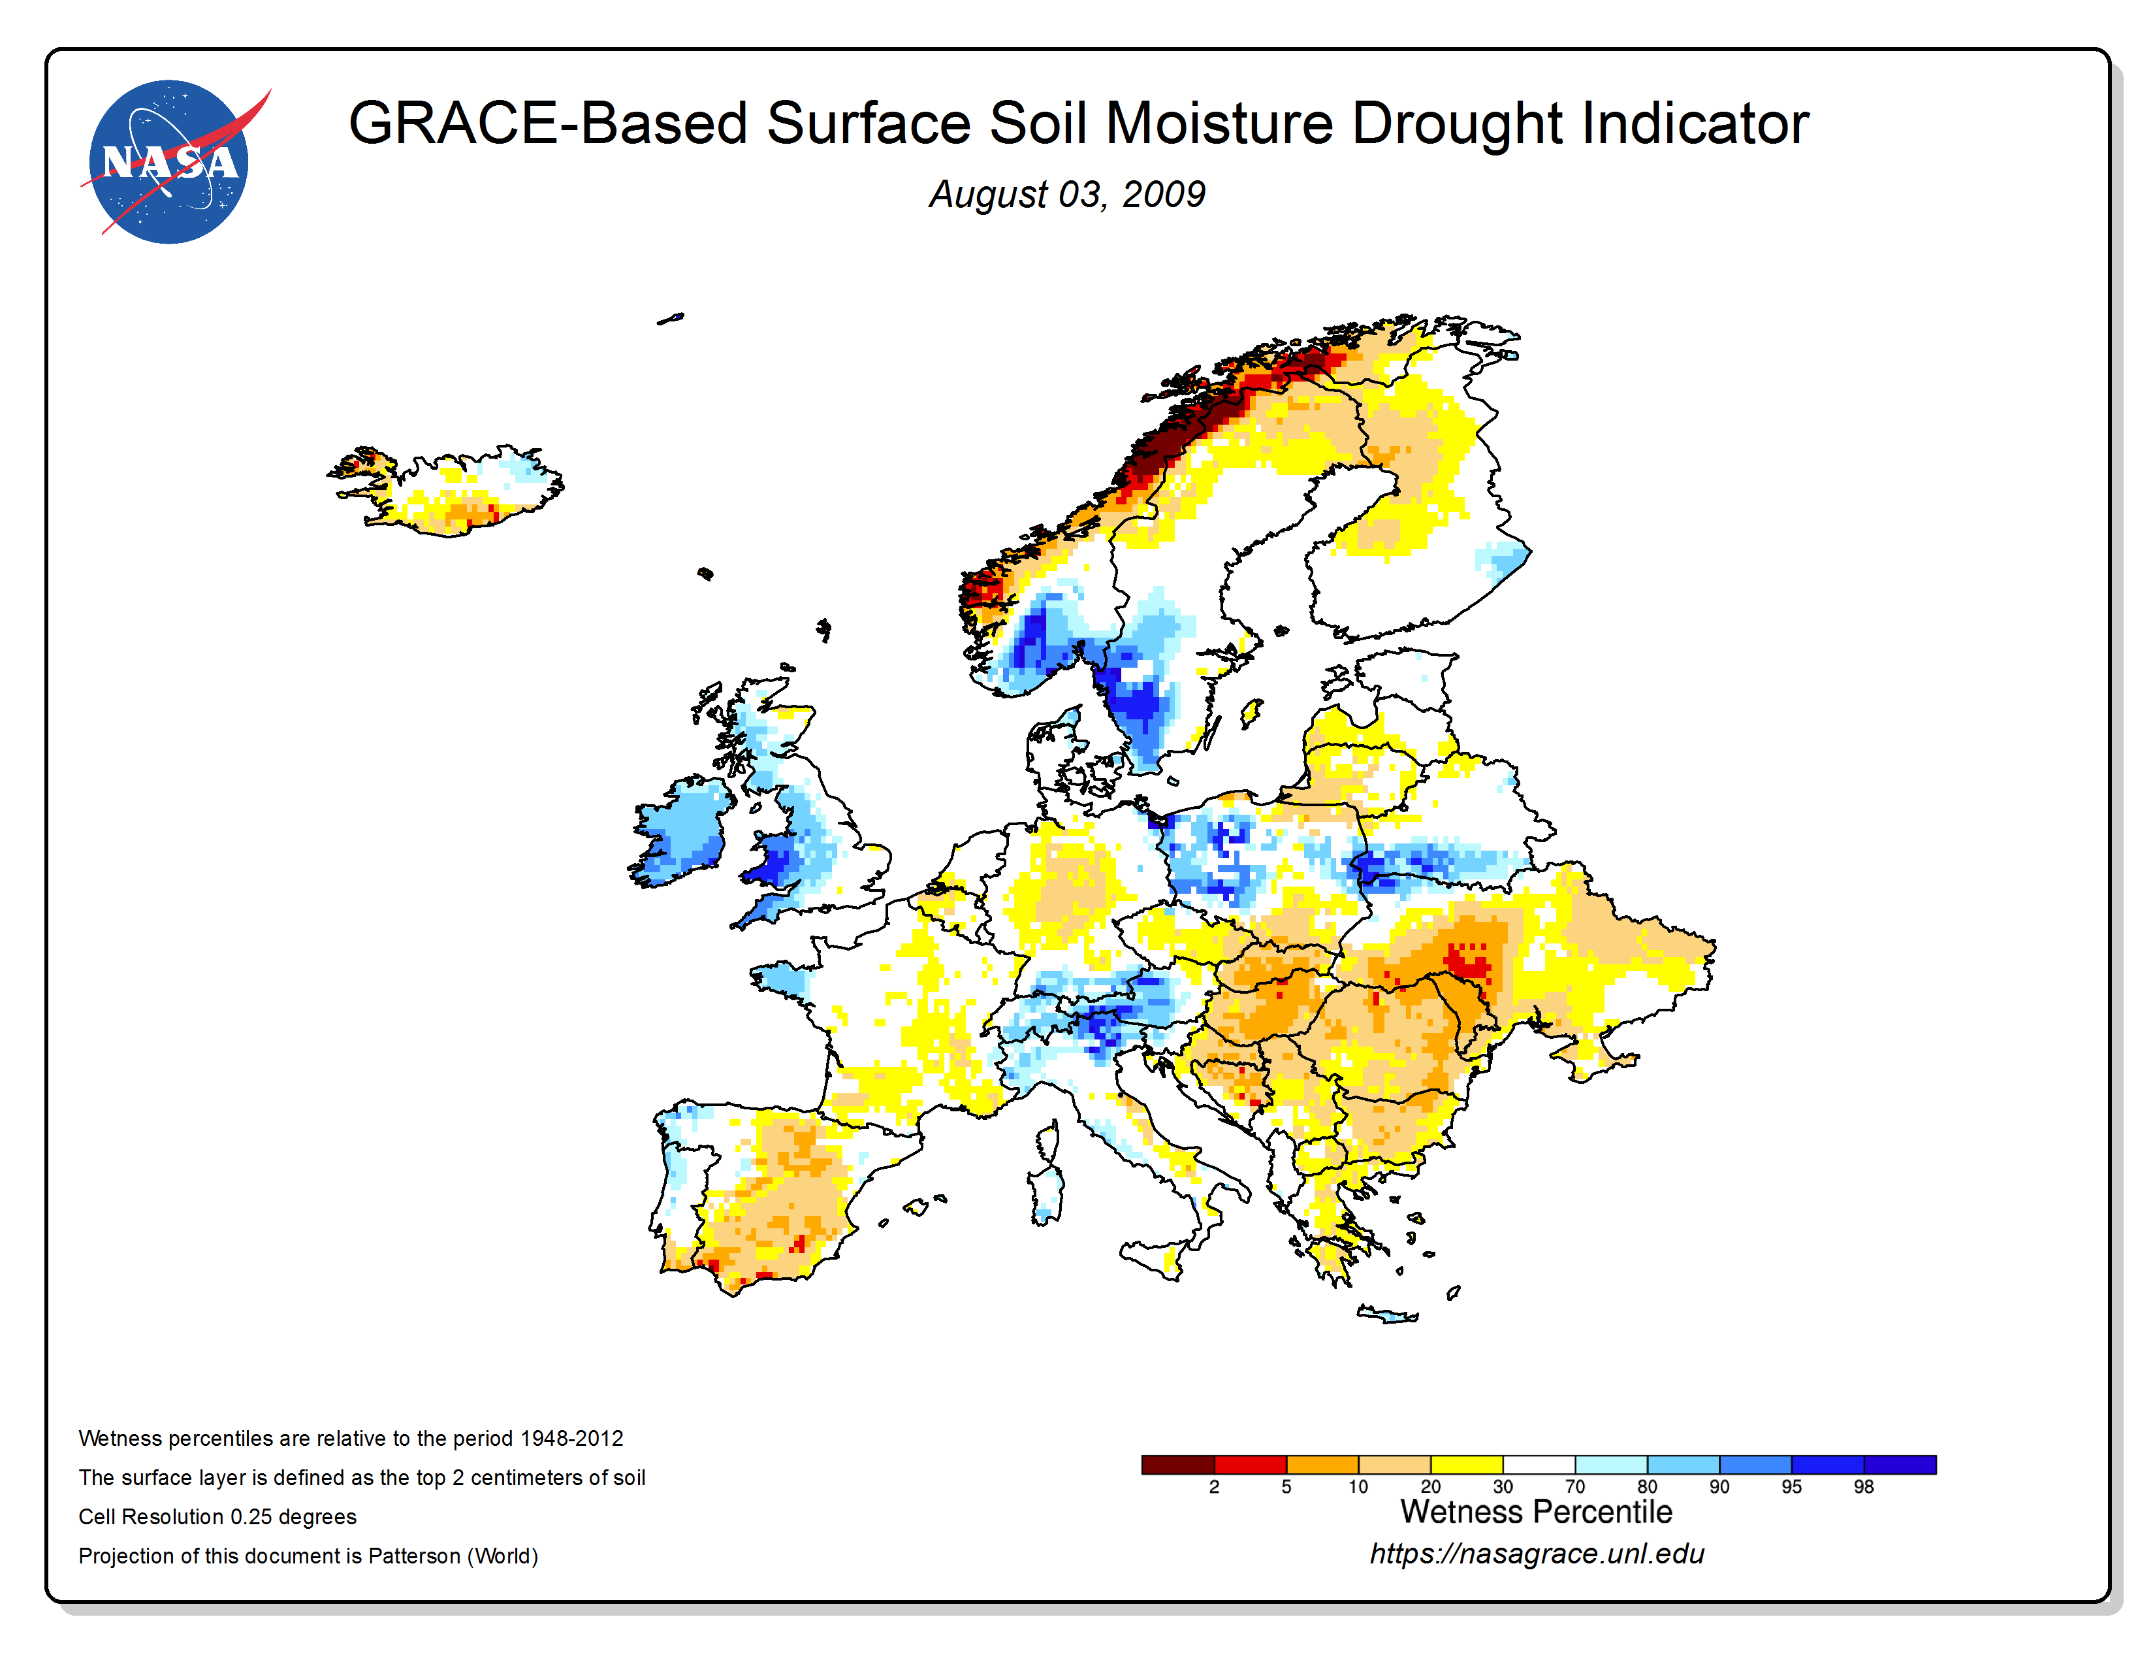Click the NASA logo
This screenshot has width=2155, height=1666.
pos(170,162)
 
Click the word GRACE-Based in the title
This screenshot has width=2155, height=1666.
pos(548,123)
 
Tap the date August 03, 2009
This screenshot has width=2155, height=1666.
pos(1066,195)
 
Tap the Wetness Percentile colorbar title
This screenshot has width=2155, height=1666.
pos(1537,1511)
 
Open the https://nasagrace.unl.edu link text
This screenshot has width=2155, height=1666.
pos(1537,1554)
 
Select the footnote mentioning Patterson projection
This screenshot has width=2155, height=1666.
pos(308,1556)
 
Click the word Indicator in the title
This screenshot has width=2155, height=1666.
pos(1695,123)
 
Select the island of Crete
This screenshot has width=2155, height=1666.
pos(1387,1314)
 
